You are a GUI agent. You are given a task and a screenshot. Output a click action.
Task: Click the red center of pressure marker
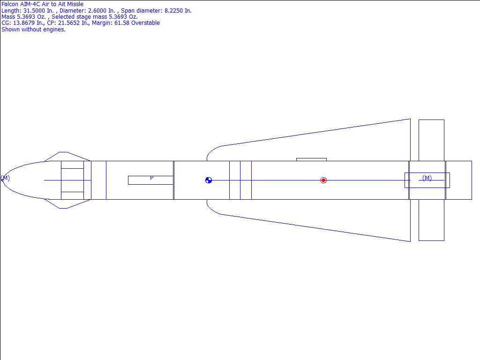(x=323, y=180)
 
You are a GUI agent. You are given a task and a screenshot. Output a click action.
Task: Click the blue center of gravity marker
(x=209, y=180)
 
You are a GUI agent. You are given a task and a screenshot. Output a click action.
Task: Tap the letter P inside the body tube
(x=151, y=178)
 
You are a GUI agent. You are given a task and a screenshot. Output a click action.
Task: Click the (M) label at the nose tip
(x=5, y=178)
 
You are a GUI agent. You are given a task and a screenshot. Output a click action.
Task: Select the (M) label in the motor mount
(x=427, y=178)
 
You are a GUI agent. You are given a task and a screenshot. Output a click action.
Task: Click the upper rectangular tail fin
(x=431, y=140)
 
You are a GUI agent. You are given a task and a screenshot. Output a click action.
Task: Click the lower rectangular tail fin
(x=431, y=220)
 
